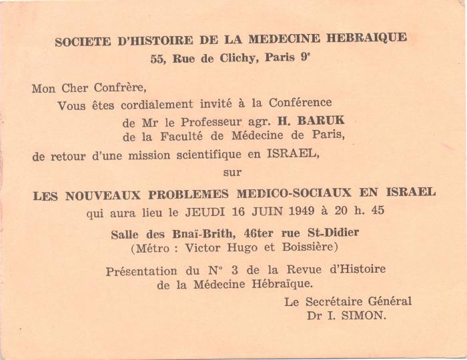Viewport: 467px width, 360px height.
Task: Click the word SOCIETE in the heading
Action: [83, 41]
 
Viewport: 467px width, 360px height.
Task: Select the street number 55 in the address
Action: [157, 59]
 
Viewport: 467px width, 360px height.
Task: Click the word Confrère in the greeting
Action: [117, 88]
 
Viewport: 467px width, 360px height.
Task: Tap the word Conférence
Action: [300, 103]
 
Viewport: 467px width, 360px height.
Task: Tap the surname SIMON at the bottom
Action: [364, 316]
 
